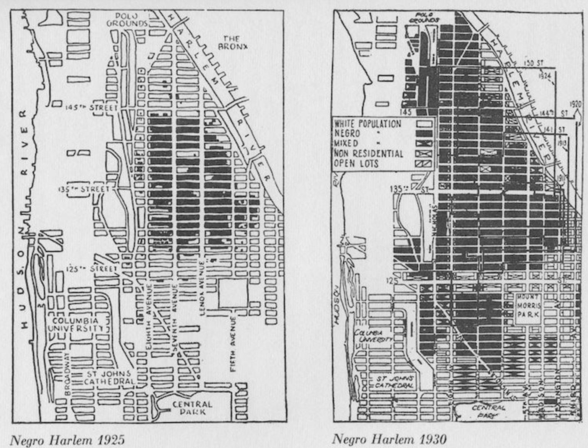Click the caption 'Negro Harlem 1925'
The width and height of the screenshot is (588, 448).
pos(67,440)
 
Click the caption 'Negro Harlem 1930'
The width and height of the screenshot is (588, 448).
pos(389,439)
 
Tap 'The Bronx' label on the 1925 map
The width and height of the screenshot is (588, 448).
pos(232,42)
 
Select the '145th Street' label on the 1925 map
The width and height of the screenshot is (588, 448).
pos(91,108)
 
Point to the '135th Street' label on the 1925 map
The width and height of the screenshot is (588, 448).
pos(84,189)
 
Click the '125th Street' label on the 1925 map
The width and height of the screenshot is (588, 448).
pos(91,269)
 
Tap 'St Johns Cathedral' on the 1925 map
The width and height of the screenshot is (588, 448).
pos(109,377)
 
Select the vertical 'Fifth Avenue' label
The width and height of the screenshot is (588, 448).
pos(234,344)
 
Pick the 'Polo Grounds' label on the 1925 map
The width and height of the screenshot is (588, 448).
pos(127,20)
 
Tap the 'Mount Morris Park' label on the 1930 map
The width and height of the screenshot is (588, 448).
pos(528,305)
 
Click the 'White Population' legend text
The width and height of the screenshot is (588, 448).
pos(367,124)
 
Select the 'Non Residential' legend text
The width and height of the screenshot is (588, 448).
pos(369,154)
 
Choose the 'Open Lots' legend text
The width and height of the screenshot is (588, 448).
pos(356,164)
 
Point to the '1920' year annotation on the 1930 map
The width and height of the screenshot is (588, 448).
pos(575,104)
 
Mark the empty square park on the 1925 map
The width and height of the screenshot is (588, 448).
pos(233,293)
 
